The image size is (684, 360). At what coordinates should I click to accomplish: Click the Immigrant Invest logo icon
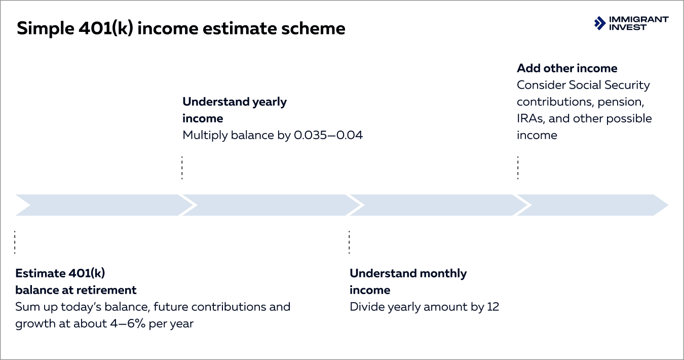(x=600, y=23)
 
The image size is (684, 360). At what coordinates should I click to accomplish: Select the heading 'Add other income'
(x=567, y=68)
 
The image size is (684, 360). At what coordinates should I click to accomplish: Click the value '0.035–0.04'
(x=328, y=135)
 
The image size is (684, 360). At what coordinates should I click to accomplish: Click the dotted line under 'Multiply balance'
(x=182, y=168)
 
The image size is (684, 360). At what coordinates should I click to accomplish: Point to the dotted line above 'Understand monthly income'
(x=349, y=242)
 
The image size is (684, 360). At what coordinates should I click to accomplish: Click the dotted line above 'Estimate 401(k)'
(x=15, y=242)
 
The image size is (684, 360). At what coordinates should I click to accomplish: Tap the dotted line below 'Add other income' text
(x=517, y=168)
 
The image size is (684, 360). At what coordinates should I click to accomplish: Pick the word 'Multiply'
(x=203, y=135)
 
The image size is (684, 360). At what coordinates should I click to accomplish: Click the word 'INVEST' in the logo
(x=628, y=27)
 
